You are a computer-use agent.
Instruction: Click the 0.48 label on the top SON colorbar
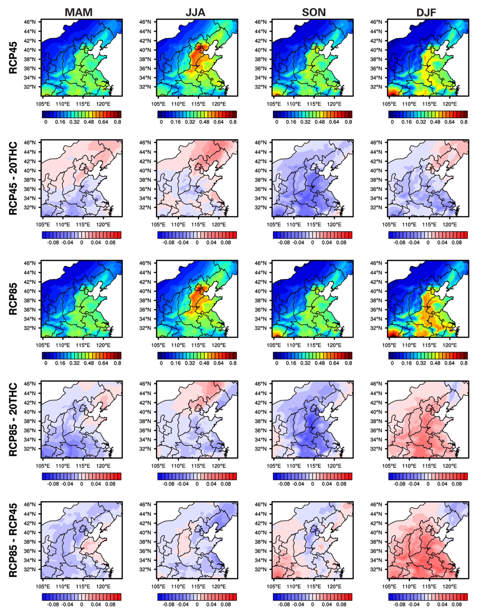(x=320, y=122)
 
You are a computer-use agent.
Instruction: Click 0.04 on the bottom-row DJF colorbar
(x=442, y=605)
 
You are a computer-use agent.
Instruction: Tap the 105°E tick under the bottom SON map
(x=274, y=586)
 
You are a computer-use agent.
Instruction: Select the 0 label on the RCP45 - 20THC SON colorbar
(x=312, y=242)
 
